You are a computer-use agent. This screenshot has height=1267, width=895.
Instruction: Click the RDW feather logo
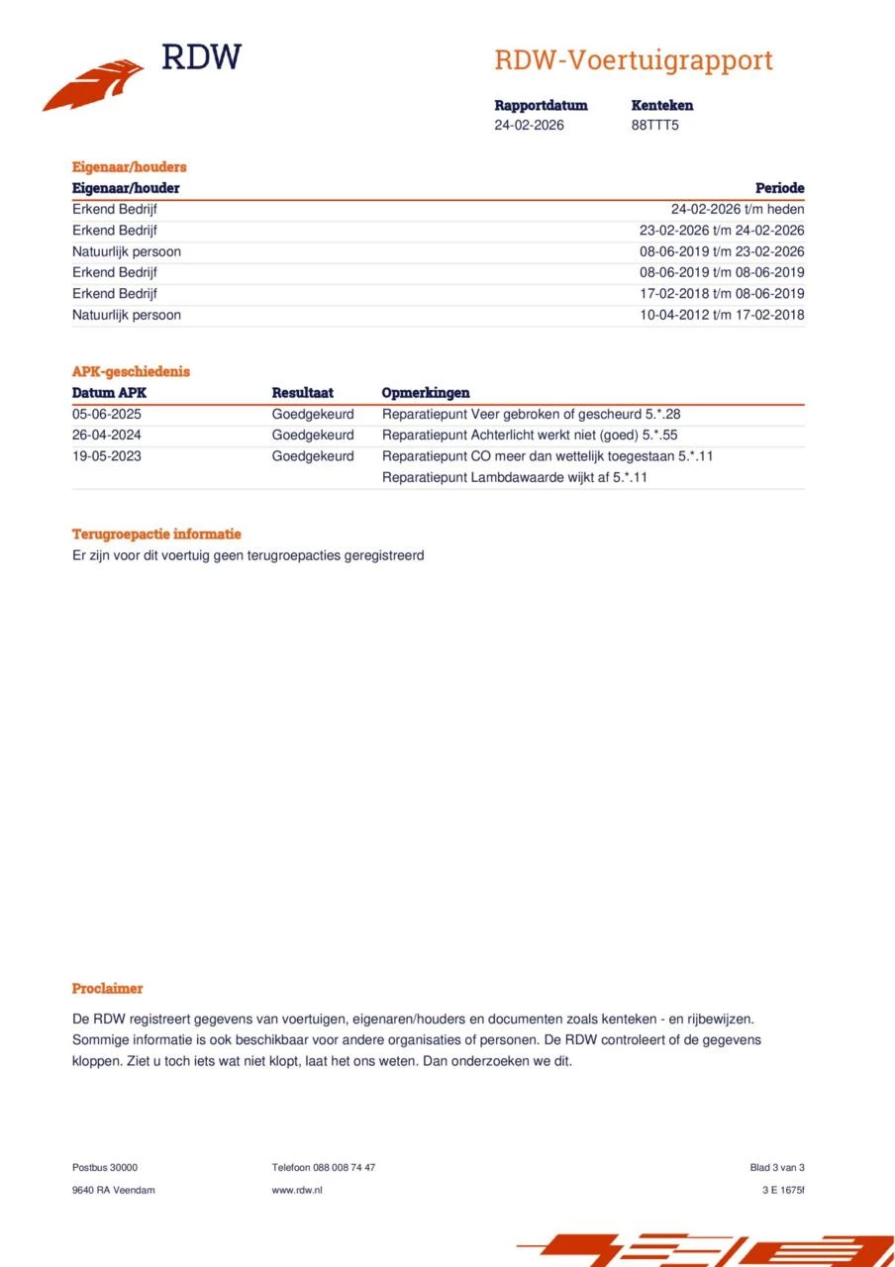click(94, 85)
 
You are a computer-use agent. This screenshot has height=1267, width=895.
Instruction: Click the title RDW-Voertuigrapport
click(633, 60)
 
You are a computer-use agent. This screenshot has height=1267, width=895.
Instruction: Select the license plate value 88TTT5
click(654, 126)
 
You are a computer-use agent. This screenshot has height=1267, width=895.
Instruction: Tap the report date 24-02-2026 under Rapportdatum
click(529, 126)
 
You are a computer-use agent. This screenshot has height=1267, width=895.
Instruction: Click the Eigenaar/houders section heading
click(129, 167)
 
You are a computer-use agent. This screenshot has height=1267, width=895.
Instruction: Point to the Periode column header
click(779, 188)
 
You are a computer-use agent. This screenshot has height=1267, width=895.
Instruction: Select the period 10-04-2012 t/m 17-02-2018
click(722, 315)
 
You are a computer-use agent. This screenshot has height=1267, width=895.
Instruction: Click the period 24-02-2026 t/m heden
click(737, 209)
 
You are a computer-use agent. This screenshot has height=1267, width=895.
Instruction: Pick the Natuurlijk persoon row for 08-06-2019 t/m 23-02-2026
click(127, 251)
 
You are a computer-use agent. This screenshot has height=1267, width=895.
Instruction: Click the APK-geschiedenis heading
click(131, 372)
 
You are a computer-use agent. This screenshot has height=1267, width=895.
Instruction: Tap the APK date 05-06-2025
click(106, 414)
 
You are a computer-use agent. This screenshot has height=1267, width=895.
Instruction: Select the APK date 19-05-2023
click(106, 456)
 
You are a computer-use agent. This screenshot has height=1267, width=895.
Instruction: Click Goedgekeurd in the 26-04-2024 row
click(312, 435)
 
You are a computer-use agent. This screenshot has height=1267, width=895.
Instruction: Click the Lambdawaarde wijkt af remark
click(514, 477)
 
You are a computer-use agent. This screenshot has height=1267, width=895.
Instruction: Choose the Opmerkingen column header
click(425, 393)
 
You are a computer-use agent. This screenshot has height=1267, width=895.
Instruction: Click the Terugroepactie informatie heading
click(156, 535)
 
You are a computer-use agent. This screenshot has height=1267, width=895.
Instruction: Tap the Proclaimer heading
click(107, 989)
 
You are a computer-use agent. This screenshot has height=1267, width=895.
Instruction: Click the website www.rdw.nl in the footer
click(296, 1190)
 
